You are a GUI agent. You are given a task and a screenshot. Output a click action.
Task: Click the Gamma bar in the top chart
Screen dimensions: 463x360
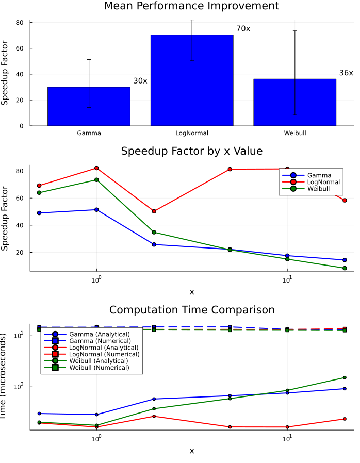pos(89,106)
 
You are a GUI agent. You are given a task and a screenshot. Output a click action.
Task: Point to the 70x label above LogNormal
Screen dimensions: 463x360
pos(243,29)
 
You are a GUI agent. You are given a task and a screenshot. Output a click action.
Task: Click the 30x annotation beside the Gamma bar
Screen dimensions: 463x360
pos(140,81)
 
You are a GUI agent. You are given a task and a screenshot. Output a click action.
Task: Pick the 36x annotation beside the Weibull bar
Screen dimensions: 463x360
pos(346,73)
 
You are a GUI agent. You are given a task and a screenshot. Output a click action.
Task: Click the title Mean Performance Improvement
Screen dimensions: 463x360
pos(191,6)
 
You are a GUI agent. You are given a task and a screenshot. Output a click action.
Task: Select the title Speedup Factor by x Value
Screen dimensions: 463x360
pos(191,152)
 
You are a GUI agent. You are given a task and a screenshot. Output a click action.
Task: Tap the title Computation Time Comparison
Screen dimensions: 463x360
pos(191,310)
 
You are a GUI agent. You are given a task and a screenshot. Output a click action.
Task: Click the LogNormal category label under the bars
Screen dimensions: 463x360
pos(192,133)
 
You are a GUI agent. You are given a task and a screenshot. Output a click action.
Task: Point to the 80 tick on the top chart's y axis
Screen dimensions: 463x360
pos(20,23)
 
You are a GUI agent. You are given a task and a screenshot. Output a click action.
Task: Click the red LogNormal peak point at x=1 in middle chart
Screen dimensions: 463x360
pos(96,168)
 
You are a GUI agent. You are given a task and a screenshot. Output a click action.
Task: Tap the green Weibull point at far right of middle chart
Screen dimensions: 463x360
pos(345,268)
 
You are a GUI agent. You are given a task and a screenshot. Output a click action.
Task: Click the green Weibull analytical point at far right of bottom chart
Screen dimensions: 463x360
pos(345,377)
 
